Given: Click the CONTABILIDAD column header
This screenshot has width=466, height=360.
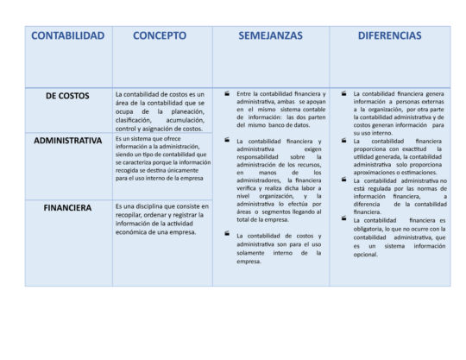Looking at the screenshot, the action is tap(67, 35).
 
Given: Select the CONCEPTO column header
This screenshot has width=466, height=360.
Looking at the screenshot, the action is tap(160, 35).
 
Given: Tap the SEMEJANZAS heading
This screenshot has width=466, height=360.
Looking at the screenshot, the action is tap(270, 35).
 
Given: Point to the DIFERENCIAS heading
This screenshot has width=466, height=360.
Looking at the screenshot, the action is tap(389, 35).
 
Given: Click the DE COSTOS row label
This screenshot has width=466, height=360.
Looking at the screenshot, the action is tap(67, 96).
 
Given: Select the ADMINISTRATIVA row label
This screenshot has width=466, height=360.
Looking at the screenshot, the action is tap(67, 140).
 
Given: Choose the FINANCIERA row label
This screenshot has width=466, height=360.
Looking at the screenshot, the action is tap(67, 207).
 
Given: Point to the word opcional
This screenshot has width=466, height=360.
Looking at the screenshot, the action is tap(366, 254).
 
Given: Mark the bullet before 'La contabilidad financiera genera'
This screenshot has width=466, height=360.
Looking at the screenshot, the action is tap(343, 93).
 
